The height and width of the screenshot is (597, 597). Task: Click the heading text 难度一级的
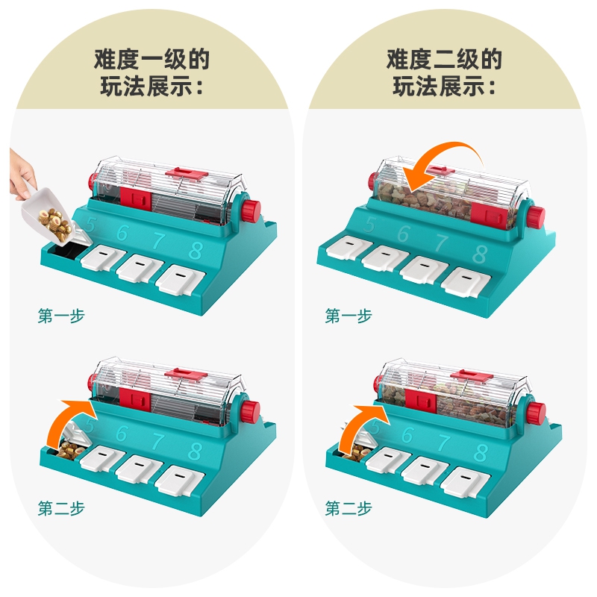click(x=151, y=59)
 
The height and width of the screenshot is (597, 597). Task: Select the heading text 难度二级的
click(x=444, y=59)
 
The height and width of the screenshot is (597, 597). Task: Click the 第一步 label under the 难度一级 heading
click(x=61, y=316)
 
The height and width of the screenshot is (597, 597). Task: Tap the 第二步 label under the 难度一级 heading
click(x=61, y=508)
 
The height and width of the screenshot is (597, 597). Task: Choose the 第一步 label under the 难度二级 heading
click(x=348, y=316)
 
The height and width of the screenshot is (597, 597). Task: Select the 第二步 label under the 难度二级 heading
click(x=348, y=508)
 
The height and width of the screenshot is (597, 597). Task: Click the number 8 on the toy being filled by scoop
click(x=195, y=250)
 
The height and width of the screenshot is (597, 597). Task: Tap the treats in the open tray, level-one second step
click(x=70, y=451)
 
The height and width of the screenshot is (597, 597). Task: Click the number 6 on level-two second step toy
click(x=407, y=435)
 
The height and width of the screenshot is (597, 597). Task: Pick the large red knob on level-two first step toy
click(x=537, y=217)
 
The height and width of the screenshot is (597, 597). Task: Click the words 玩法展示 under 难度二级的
click(x=437, y=87)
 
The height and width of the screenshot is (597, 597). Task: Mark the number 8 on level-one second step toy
click(x=195, y=451)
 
